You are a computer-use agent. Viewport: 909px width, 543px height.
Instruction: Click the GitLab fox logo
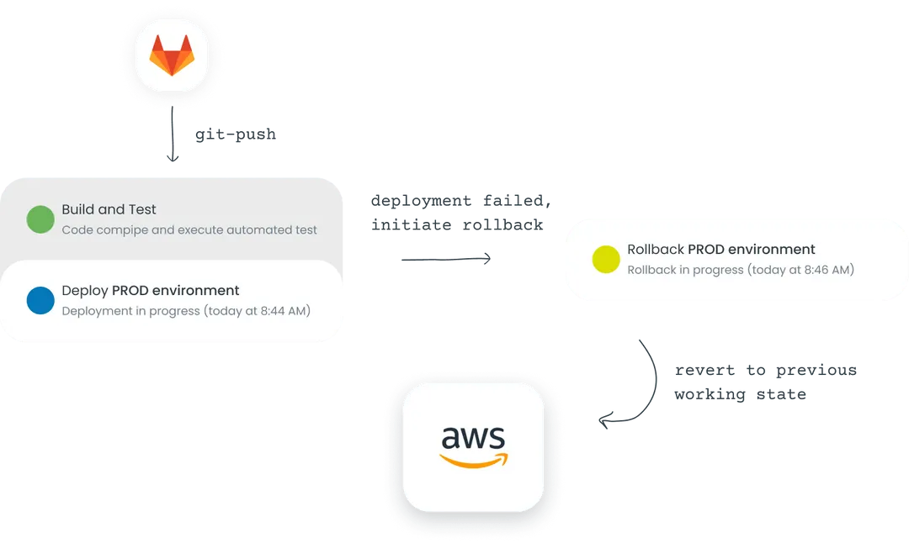172,57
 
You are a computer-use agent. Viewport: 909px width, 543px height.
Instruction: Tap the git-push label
236,134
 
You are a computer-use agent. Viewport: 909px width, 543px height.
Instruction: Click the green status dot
40,219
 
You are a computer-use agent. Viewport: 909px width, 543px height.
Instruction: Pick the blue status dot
40,300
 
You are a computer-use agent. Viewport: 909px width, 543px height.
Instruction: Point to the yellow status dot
606,259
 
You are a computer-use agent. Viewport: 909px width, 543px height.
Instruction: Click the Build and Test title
109,209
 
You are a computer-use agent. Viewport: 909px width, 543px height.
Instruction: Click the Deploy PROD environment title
151,291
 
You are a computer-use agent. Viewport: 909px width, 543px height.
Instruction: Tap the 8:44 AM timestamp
280,311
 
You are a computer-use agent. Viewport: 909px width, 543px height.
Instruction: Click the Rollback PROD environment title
720,250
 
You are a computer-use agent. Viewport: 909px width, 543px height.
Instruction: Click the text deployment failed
461,201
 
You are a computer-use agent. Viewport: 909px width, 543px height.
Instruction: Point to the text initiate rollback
457,225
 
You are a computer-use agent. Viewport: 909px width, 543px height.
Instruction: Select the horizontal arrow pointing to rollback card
445,259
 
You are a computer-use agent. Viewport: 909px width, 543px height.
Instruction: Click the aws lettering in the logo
473,438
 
